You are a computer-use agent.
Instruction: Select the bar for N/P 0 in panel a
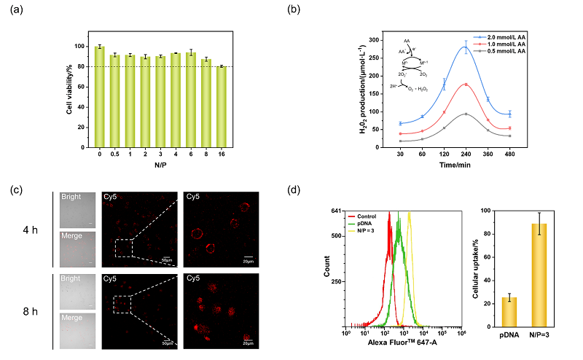(100, 95)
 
